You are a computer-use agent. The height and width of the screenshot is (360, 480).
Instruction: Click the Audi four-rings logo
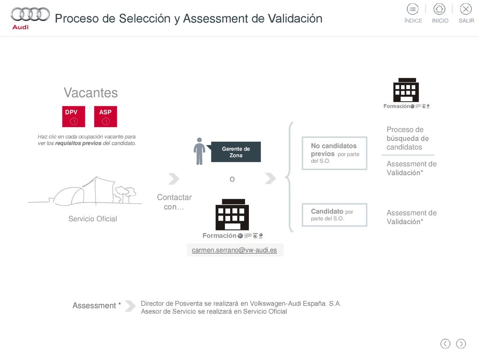pos(30,15)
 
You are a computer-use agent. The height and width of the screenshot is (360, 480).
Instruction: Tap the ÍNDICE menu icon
pos(412,9)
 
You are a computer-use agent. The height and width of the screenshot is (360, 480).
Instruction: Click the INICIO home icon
pos(439,9)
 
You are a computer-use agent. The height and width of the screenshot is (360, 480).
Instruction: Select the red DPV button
pos(74,116)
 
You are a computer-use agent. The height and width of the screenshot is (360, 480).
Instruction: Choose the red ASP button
pos(105,116)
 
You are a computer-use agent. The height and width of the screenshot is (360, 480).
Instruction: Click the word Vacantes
pos(90,93)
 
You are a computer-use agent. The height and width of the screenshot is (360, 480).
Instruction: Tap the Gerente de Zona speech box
pos(236,152)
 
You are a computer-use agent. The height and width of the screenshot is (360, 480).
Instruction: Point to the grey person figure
pos(199,151)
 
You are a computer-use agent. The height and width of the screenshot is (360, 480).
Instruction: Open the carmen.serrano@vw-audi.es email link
pos(234,250)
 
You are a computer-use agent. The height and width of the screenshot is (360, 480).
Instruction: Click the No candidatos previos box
pos(335,153)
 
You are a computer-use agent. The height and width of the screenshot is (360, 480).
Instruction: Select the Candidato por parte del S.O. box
pos(335,215)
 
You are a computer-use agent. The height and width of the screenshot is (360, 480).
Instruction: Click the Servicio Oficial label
pos(93,218)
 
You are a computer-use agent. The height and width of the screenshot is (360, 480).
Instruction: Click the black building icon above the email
pos(232,214)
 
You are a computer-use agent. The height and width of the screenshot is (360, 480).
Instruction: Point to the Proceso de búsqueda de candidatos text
pos(407,138)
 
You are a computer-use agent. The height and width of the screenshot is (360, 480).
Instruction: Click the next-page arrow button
pos(461,344)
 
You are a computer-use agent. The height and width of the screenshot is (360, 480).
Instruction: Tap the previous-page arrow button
pos(445,344)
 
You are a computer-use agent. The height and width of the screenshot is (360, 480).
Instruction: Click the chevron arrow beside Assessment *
pos(130,306)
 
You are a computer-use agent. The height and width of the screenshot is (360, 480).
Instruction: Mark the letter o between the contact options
pos(232,179)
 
